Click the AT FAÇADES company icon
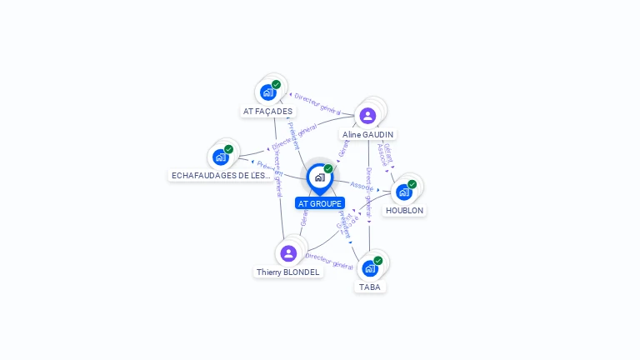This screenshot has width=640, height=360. click(x=268, y=92)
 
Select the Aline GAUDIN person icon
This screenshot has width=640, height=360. click(x=367, y=115)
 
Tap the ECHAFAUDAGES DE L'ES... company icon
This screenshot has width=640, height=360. click(x=221, y=157)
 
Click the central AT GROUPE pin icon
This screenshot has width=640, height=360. click(x=319, y=177)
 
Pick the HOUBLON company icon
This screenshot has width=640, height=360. click(x=404, y=192)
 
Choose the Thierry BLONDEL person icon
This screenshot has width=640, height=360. click(x=288, y=252)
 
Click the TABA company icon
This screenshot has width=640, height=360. click(x=370, y=268)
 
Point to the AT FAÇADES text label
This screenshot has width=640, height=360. click(x=267, y=111)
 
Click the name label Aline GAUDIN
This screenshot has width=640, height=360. click(x=367, y=134)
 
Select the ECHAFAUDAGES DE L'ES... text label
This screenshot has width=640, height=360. click(x=221, y=176)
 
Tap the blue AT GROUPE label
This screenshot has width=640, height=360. click(x=320, y=203)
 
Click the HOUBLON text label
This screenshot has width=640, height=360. click(x=404, y=211)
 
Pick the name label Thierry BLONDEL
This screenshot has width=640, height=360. click(x=288, y=272)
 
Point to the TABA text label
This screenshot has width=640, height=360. click(x=370, y=287)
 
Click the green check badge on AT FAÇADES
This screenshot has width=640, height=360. click(x=276, y=84)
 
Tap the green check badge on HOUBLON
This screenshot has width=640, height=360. click(x=412, y=184)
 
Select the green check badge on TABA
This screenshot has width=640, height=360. click(x=377, y=261)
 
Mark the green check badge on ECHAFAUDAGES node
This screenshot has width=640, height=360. click(x=228, y=149)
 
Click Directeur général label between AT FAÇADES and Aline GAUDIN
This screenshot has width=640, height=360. click(x=317, y=103)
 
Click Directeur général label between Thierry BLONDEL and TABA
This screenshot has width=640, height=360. click(x=329, y=261)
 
